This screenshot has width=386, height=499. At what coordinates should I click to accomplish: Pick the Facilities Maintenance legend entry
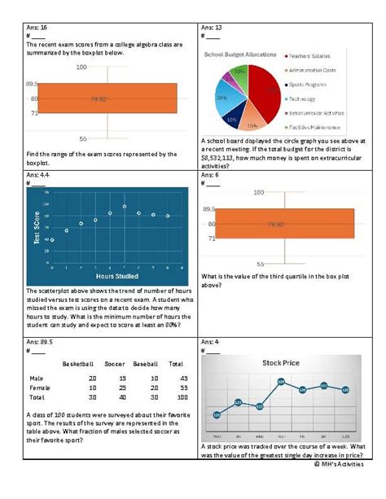(x=316, y=128)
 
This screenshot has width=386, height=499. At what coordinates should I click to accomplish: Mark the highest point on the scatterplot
(x=123, y=207)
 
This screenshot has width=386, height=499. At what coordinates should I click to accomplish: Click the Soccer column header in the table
(x=116, y=363)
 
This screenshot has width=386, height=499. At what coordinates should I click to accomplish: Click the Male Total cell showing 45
(x=175, y=379)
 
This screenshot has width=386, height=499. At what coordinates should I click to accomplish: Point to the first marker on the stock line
(x=217, y=415)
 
